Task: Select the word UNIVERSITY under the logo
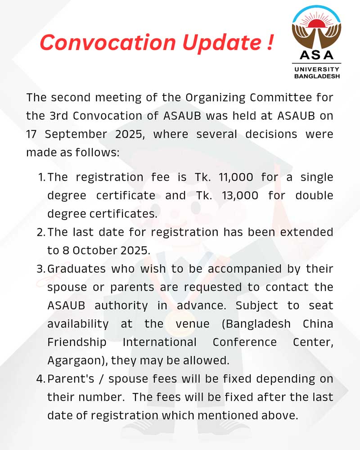tap(317, 69)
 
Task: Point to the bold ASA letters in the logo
tap(317, 55)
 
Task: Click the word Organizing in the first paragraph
tap(211, 97)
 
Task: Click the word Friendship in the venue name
tap(77, 342)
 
